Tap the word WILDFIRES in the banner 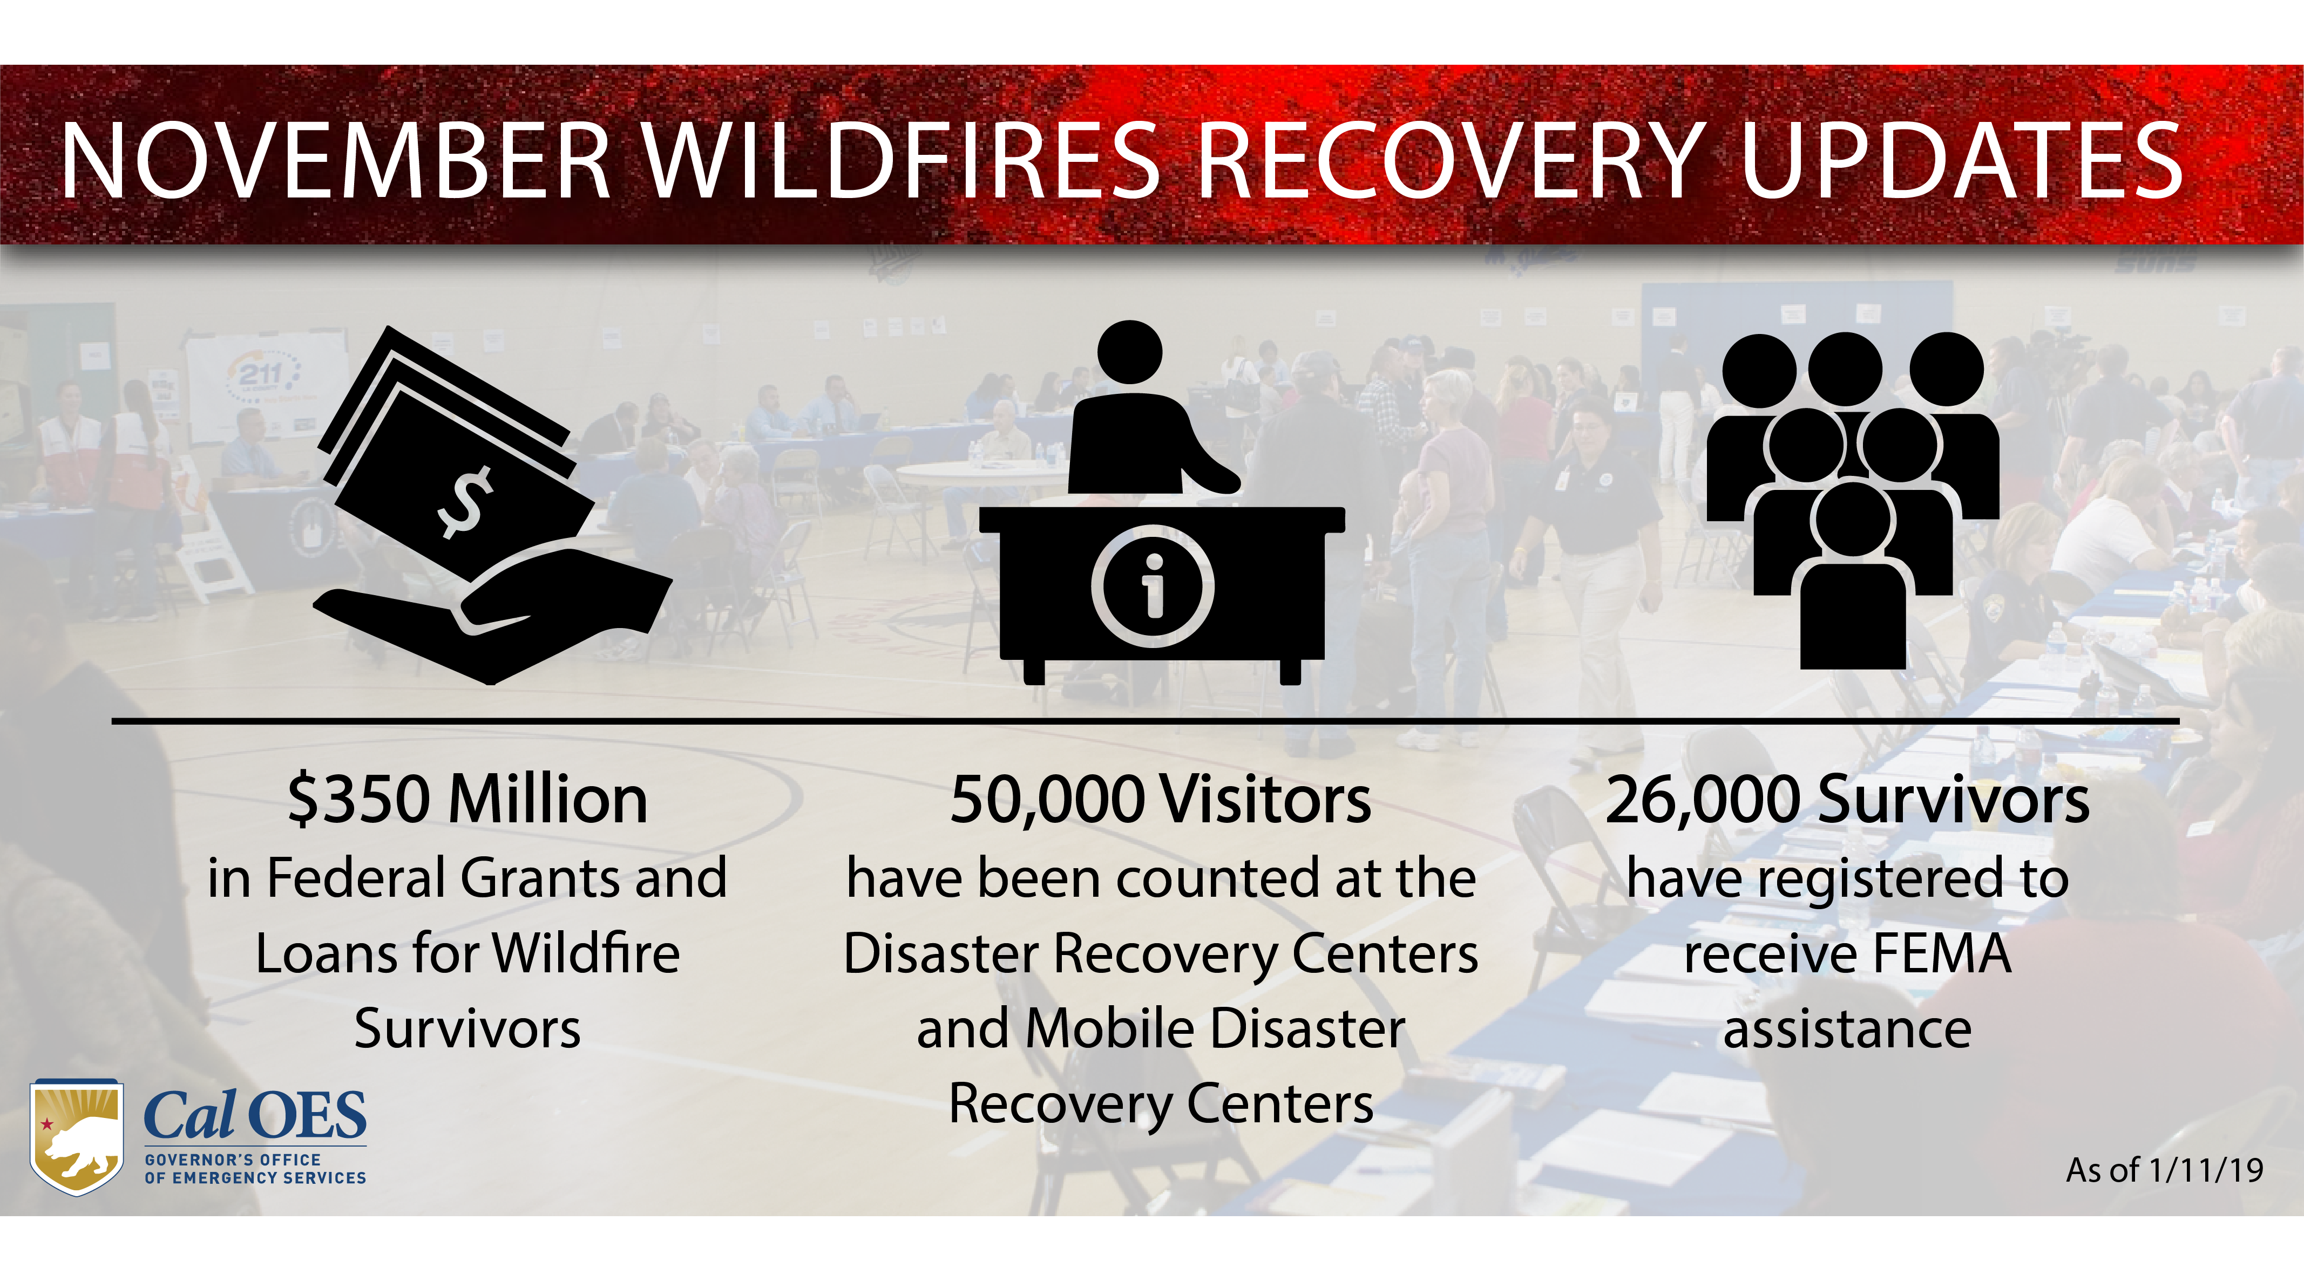click(903, 161)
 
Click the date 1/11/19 click(2206, 1170)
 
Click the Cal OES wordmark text click(255, 1116)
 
